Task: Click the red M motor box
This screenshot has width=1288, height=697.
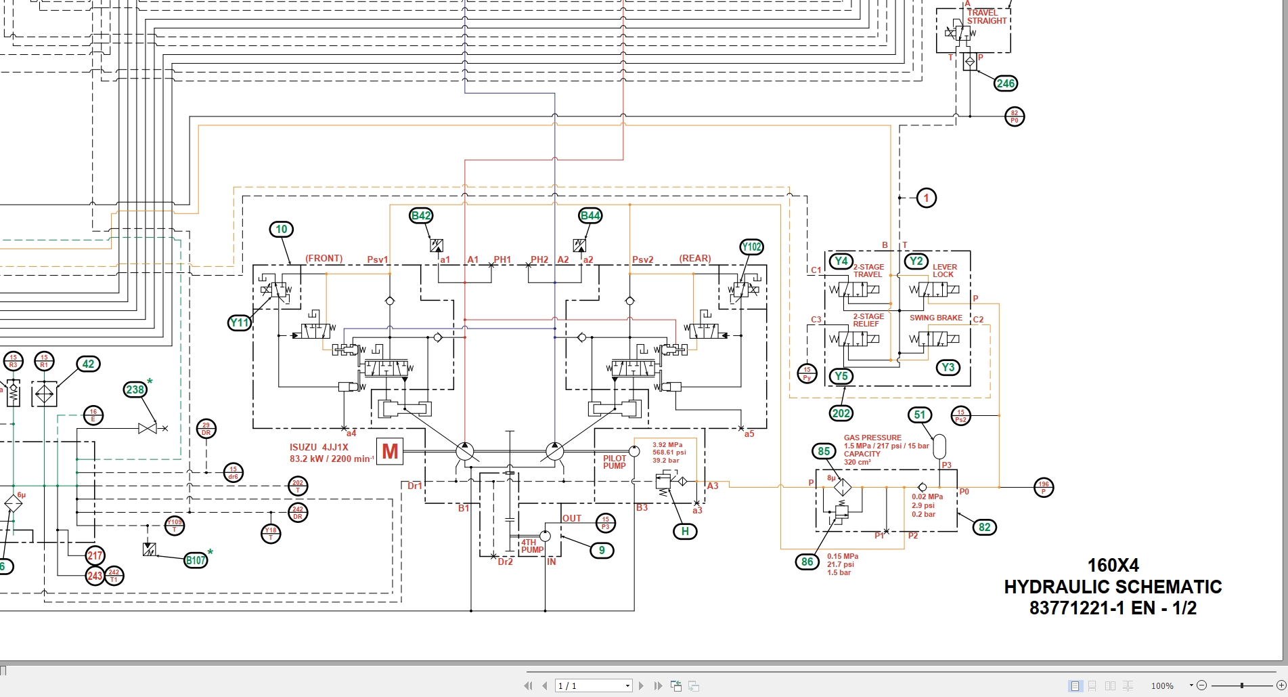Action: pyautogui.click(x=390, y=451)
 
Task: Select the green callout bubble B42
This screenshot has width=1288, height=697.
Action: pyautogui.click(x=421, y=215)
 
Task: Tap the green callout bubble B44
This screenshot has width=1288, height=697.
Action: pyautogui.click(x=590, y=215)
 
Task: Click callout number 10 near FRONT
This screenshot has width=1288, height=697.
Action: pyautogui.click(x=282, y=230)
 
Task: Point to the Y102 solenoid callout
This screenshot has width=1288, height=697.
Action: pyautogui.click(x=751, y=247)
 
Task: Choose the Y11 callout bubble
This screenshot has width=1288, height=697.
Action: pyautogui.click(x=240, y=322)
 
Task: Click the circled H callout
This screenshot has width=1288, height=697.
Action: pyautogui.click(x=685, y=532)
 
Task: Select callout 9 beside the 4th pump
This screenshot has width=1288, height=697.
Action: pyautogui.click(x=602, y=550)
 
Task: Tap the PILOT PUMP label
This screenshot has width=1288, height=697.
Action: pyautogui.click(x=615, y=462)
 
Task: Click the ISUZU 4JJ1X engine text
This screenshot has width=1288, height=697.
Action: pyautogui.click(x=319, y=447)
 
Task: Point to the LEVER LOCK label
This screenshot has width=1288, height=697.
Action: pyautogui.click(x=944, y=270)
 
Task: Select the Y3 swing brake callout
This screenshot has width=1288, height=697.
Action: pyautogui.click(x=948, y=367)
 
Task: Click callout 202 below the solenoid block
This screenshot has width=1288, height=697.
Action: pyautogui.click(x=841, y=413)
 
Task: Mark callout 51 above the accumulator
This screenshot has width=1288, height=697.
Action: pyautogui.click(x=920, y=415)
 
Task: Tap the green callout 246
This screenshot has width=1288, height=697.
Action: pyautogui.click(x=1005, y=83)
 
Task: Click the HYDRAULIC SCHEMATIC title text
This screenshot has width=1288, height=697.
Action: pyautogui.click(x=1113, y=587)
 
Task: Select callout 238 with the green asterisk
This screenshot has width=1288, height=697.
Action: pyautogui.click(x=135, y=389)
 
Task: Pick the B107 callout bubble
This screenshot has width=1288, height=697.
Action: pyautogui.click(x=196, y=559)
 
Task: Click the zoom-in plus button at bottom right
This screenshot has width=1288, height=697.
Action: pyautogui.click(x=1281, y=685)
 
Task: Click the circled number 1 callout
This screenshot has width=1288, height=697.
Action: pyautogui.click(x=926, y=198)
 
